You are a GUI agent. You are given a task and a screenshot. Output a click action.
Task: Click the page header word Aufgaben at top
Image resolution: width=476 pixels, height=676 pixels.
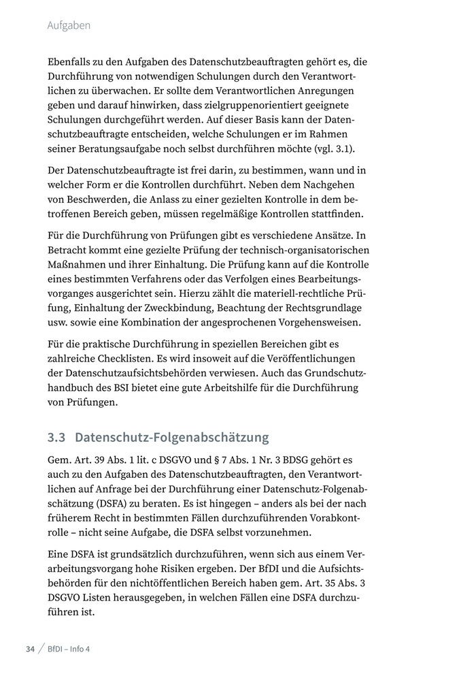coord(69,26)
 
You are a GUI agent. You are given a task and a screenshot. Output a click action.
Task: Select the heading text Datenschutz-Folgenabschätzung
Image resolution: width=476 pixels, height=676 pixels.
coord(172,437)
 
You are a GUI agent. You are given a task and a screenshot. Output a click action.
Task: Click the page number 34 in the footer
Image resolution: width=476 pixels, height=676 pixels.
coord(30,649)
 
